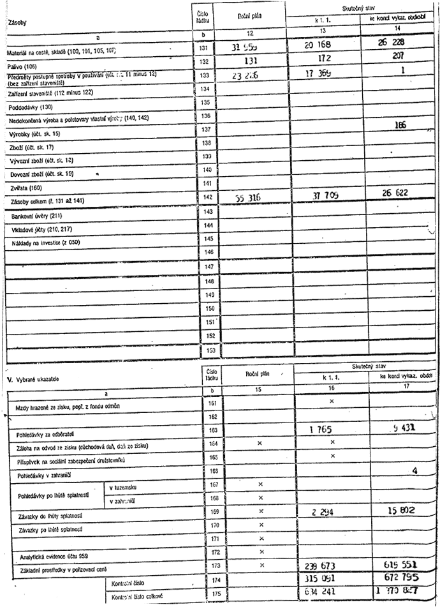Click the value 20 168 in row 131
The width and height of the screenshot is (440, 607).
click(317, 45)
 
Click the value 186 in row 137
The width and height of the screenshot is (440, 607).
click(400, 125)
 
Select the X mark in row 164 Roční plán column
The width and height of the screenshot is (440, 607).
click(260, 442)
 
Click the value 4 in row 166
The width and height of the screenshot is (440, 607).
click(414, 471)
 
